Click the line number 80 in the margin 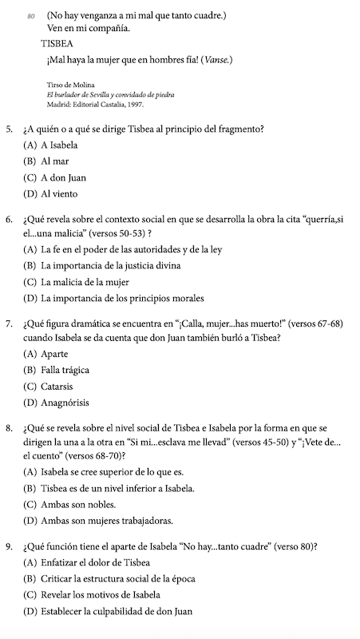point(31,15)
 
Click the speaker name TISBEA point(65,45)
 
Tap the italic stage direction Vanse point(216,60)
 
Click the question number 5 point(9,129)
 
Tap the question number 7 point(9,324)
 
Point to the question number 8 point(9,429)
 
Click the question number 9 point(9,548)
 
